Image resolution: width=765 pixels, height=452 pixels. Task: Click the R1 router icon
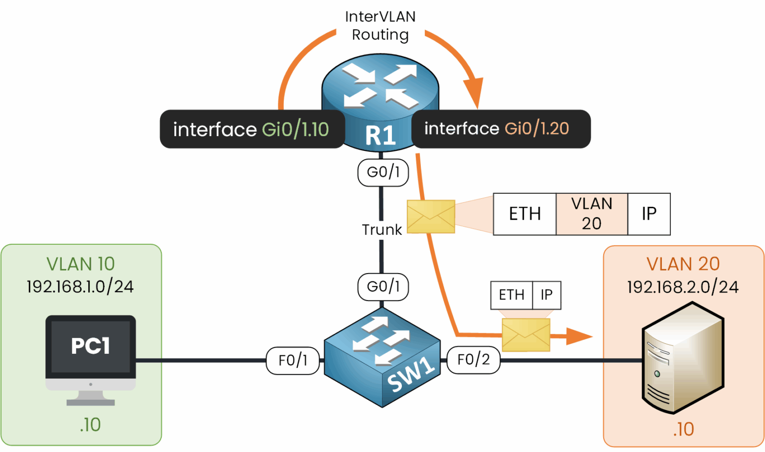380,100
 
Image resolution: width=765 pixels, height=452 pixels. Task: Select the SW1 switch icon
382,357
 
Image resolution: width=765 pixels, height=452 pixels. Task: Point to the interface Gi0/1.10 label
252,129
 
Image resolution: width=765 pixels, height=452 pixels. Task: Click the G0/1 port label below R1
383,172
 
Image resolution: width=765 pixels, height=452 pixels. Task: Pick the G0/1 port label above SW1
383,287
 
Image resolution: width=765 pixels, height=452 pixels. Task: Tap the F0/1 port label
293,360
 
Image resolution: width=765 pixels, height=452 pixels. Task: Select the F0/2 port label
473,360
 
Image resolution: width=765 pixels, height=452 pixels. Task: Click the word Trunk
382,230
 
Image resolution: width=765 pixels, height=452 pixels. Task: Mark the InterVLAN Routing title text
380,26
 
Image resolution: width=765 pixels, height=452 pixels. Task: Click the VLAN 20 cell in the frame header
592,214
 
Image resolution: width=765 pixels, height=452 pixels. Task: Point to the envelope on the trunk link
431,216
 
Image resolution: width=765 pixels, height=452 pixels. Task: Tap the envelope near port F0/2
526,335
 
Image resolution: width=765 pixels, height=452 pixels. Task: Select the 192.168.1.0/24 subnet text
80,287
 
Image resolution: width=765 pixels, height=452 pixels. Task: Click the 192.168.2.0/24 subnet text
682,287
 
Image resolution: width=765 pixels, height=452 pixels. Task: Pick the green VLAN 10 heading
81,264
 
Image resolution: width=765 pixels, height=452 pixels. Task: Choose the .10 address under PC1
90,425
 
